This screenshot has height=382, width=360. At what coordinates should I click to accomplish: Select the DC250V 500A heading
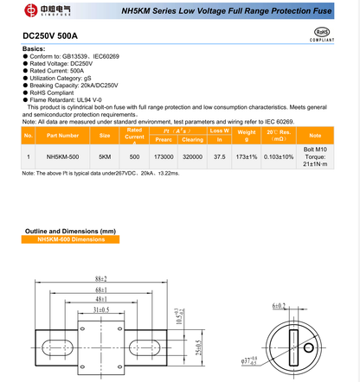click(x=51, y=37)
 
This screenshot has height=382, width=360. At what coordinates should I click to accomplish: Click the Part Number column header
click(x=63, y=136)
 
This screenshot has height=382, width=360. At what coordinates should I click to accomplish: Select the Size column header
click(x=105, y=136)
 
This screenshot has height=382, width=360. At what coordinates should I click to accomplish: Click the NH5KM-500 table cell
click(x=63, y=157)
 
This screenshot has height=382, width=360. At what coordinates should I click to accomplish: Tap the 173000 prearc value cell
click(x=162, y=157)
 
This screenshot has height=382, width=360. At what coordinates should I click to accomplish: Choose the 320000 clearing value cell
click(x=192, y=157)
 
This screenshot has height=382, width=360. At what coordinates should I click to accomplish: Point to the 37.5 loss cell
click(x=220, y=157)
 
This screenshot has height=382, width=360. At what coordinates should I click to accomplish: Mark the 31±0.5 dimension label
click(x=100, y=309)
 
